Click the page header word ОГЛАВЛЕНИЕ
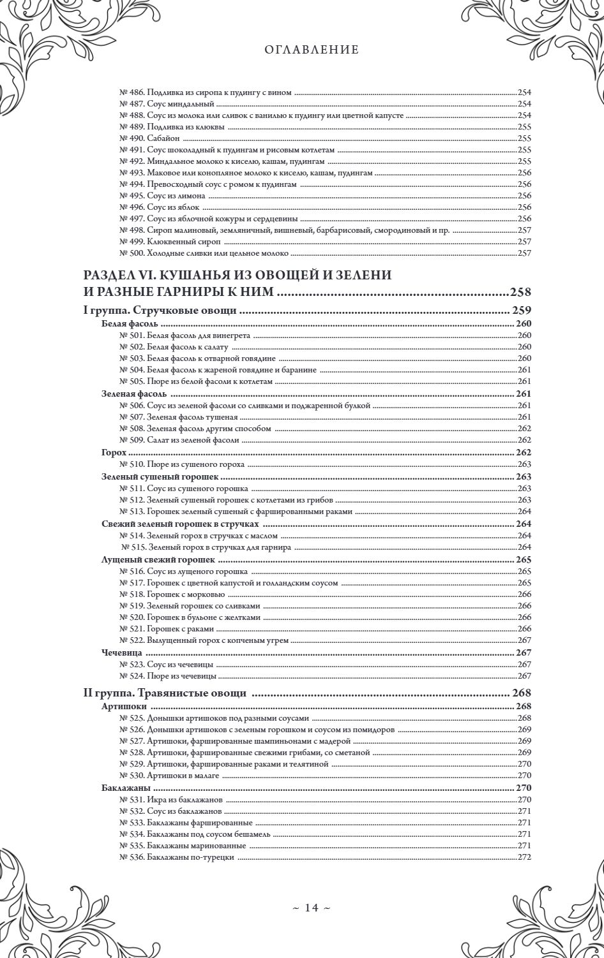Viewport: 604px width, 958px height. click(311, 49)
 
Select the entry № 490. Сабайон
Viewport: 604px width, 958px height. click(150, 138)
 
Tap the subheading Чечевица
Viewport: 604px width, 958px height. click(121, 653)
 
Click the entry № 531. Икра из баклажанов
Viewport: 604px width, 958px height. click(171, 799)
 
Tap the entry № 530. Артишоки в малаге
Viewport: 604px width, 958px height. click(169, 776)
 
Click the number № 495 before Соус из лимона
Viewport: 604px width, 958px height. click(132, 195)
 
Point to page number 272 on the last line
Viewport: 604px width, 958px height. click(524, 857)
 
